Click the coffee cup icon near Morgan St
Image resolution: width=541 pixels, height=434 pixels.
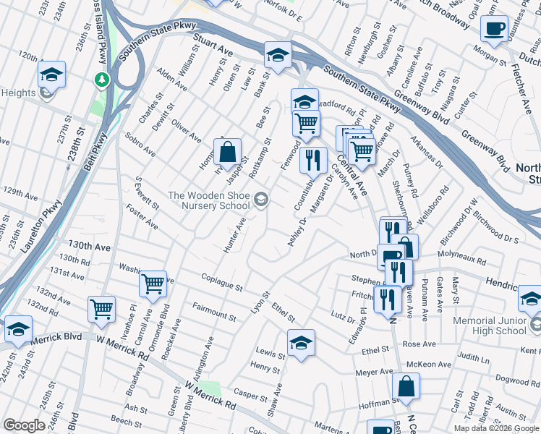(494, 29)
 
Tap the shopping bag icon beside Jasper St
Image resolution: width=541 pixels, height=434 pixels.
(227, 153)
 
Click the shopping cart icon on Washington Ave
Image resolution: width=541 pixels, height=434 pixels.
(153, 284)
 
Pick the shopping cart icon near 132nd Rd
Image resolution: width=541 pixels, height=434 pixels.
(101, 309)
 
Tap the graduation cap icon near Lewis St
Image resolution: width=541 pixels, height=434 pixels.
(301, 342)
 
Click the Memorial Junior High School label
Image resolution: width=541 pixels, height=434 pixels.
(490, 325)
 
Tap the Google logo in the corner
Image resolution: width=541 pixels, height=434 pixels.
(24, 425)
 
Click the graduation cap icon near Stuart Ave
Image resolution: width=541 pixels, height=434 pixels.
(277, 54)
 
